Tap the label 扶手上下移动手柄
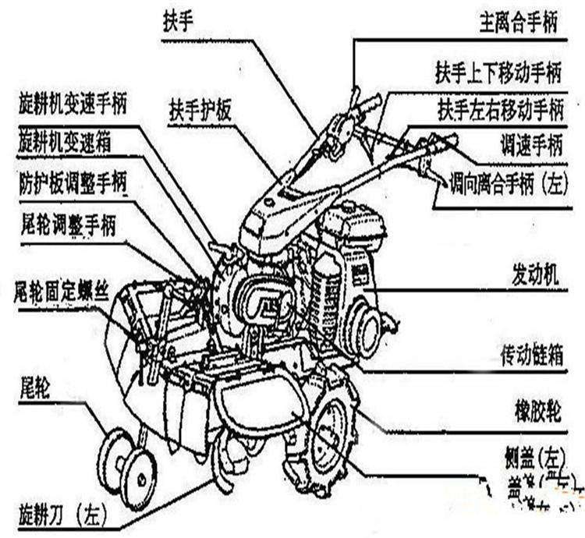click(498, 75)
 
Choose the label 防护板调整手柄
click(74, 184)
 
